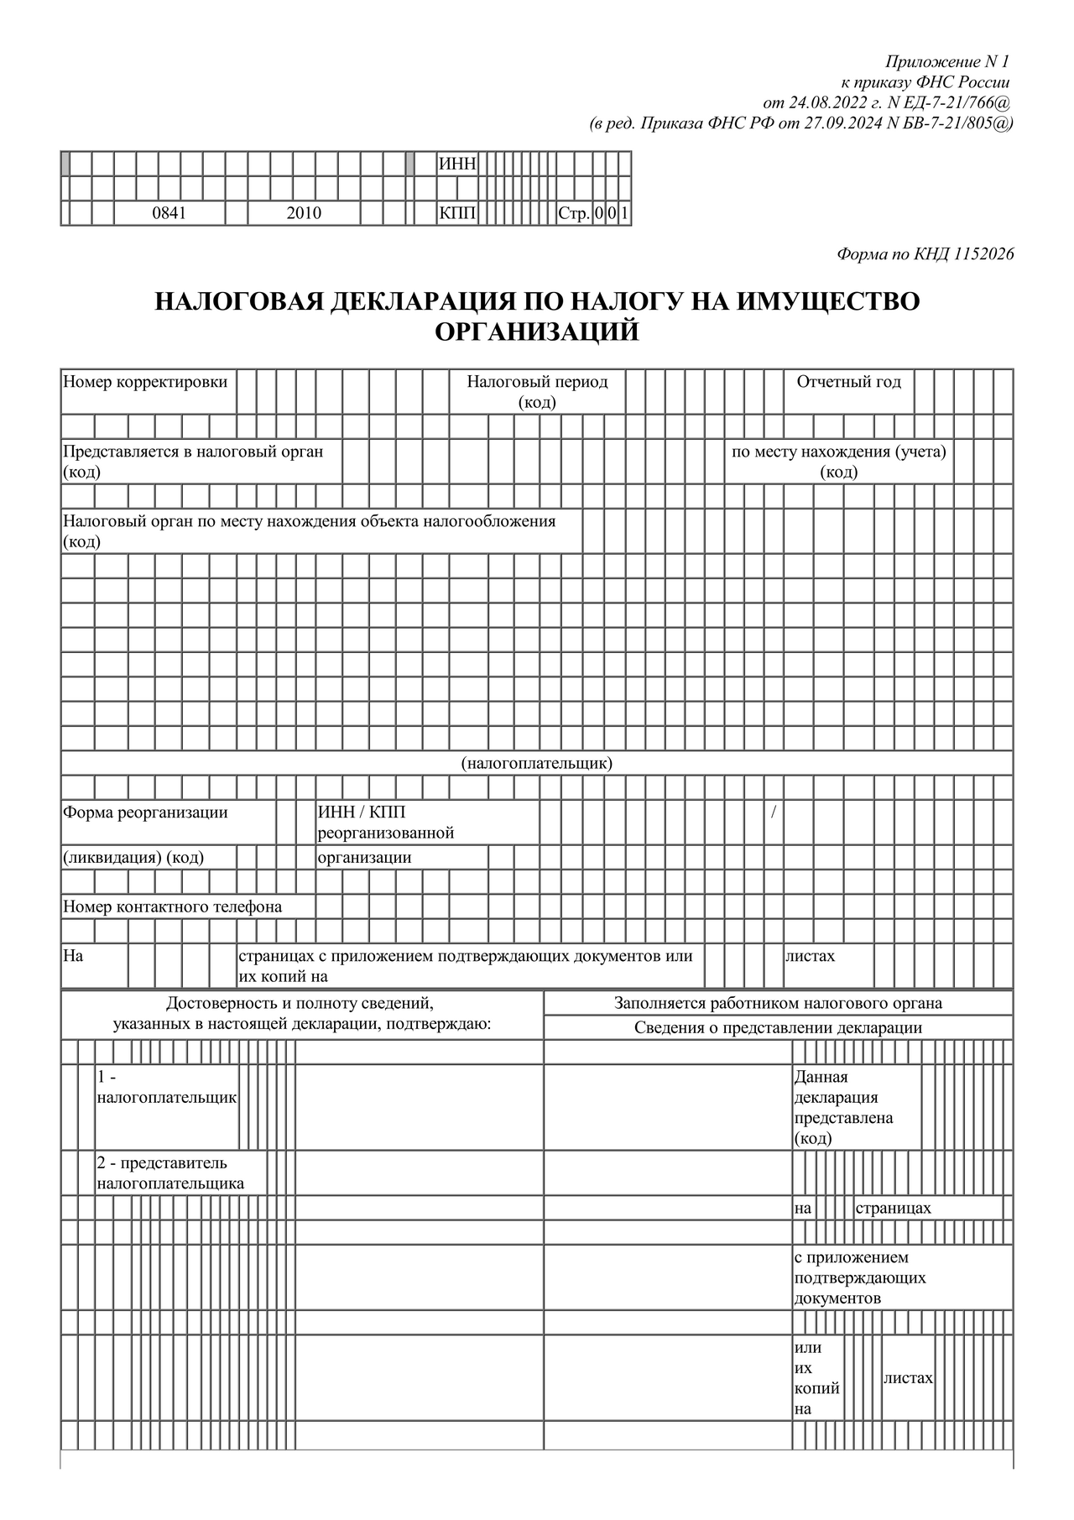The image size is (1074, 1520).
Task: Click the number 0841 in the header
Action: coord(169,213)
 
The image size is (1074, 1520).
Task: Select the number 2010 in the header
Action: coord(304,213)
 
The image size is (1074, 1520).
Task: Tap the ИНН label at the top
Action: coord(457,164)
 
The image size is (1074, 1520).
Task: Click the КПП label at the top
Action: coord(457,213)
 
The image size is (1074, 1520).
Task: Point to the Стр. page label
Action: coord(575,213)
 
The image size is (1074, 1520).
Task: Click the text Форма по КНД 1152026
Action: coord(925,254)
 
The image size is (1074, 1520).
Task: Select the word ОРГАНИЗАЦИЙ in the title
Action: coord(537,332)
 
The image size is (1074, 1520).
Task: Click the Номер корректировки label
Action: coord(145,382)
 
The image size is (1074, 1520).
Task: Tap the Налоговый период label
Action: coord(537,382)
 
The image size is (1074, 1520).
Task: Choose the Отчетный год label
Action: coord(848,382)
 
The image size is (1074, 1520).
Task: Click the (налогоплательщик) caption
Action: coord(537,763)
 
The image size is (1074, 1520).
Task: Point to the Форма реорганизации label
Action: coord(145,812)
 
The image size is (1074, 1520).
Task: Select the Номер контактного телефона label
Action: coord(173,906)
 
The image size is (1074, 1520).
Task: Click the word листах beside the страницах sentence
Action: coord(810,956)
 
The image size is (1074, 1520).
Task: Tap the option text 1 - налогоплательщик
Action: coord(167,1088)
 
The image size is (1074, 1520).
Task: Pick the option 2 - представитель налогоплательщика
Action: coord(170,1173)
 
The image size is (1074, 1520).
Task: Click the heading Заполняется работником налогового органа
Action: coord(778,1003)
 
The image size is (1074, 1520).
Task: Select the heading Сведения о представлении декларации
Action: coord(778,1027)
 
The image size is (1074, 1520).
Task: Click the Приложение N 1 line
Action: coord(948,62)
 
